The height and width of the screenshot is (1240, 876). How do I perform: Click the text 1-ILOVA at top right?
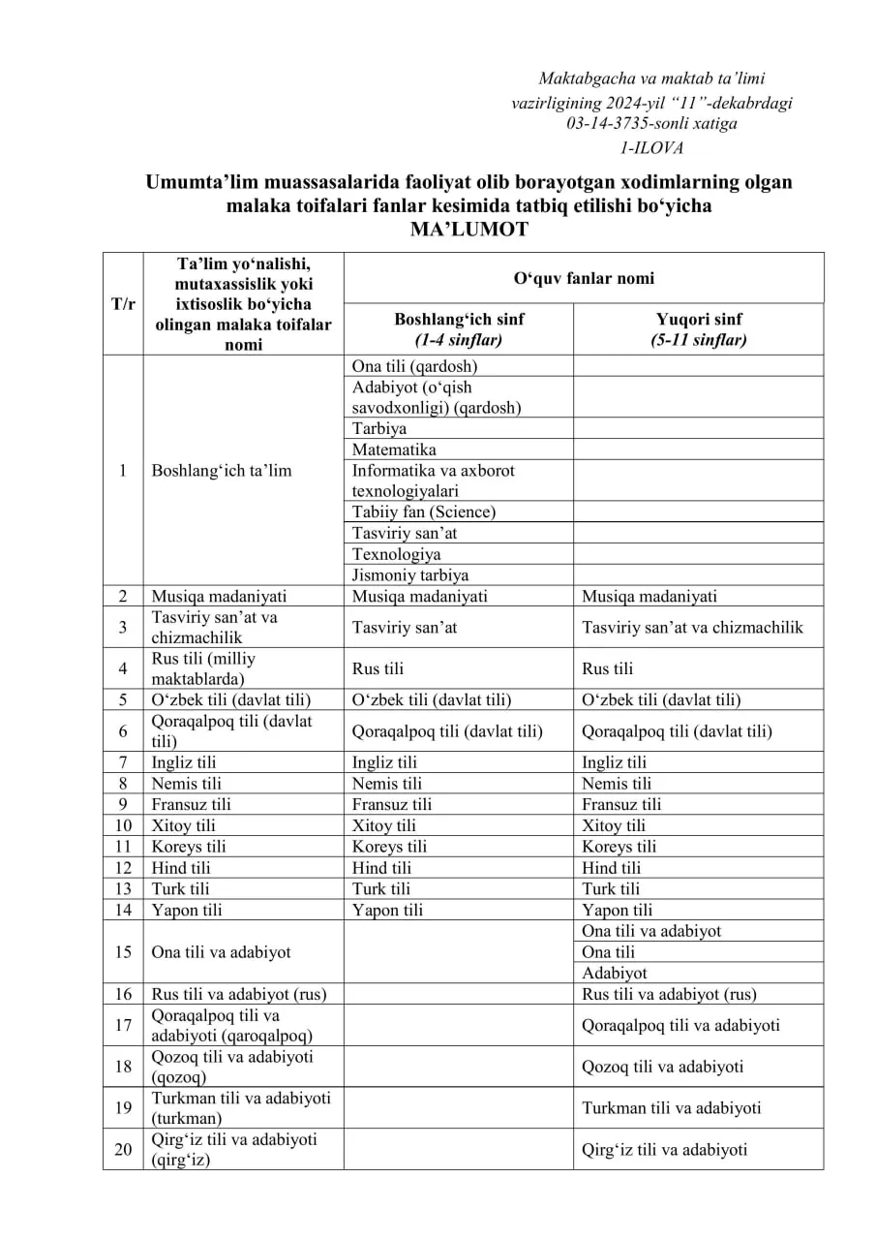click(651, 148)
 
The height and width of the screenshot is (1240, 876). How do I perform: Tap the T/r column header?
click(123, 303)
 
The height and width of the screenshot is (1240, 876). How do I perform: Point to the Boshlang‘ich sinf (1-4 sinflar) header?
click(458, 329)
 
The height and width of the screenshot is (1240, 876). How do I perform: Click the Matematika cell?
click(394, 449)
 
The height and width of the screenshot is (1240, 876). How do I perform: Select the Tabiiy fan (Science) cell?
click(423, 511)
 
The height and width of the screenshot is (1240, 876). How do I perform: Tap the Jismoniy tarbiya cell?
click(410, 575)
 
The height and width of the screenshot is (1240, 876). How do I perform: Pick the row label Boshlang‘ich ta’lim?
click(222, 471)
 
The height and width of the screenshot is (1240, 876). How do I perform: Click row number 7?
click(123, 762)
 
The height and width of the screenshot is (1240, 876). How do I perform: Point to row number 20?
click(123, 1150)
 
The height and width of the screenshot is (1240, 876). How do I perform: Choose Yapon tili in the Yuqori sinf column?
click(618, 910)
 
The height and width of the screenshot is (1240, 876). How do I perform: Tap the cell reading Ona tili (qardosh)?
click(414, 366)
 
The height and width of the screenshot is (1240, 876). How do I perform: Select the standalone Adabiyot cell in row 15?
click(615, 973)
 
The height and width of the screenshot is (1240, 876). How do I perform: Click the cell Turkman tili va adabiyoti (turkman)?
click(241, 1108)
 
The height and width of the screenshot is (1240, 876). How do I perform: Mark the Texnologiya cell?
click(396, 554)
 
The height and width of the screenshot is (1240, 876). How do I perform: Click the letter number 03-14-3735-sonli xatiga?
click(651, 124)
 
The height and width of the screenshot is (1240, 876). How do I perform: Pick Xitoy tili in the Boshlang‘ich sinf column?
click(384, 825)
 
